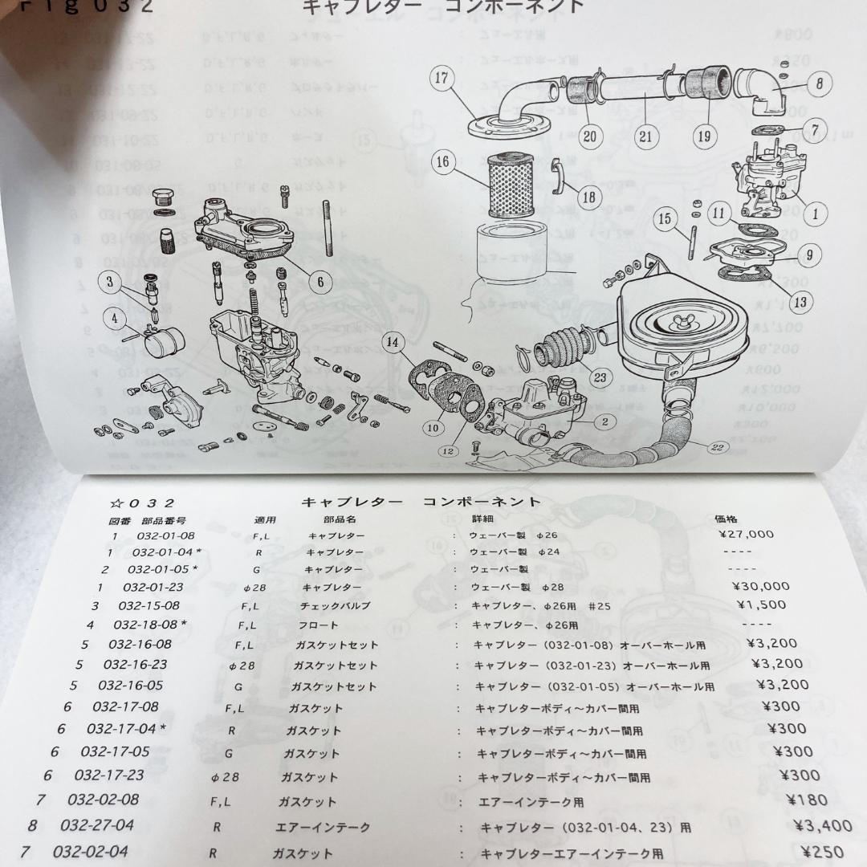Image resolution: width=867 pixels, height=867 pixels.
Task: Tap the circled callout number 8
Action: (818, 83)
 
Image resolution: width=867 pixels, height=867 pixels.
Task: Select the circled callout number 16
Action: (442, 162)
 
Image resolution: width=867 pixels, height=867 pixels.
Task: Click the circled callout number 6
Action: (319, 282)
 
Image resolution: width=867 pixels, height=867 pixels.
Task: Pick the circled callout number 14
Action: (392, 343)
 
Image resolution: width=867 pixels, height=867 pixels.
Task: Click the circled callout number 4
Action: (114, 319)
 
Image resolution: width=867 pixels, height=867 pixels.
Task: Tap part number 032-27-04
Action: (96, 825)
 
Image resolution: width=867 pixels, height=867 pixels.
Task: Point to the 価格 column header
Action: (726, 519)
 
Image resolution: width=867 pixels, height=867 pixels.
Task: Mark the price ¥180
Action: (807, 800)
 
